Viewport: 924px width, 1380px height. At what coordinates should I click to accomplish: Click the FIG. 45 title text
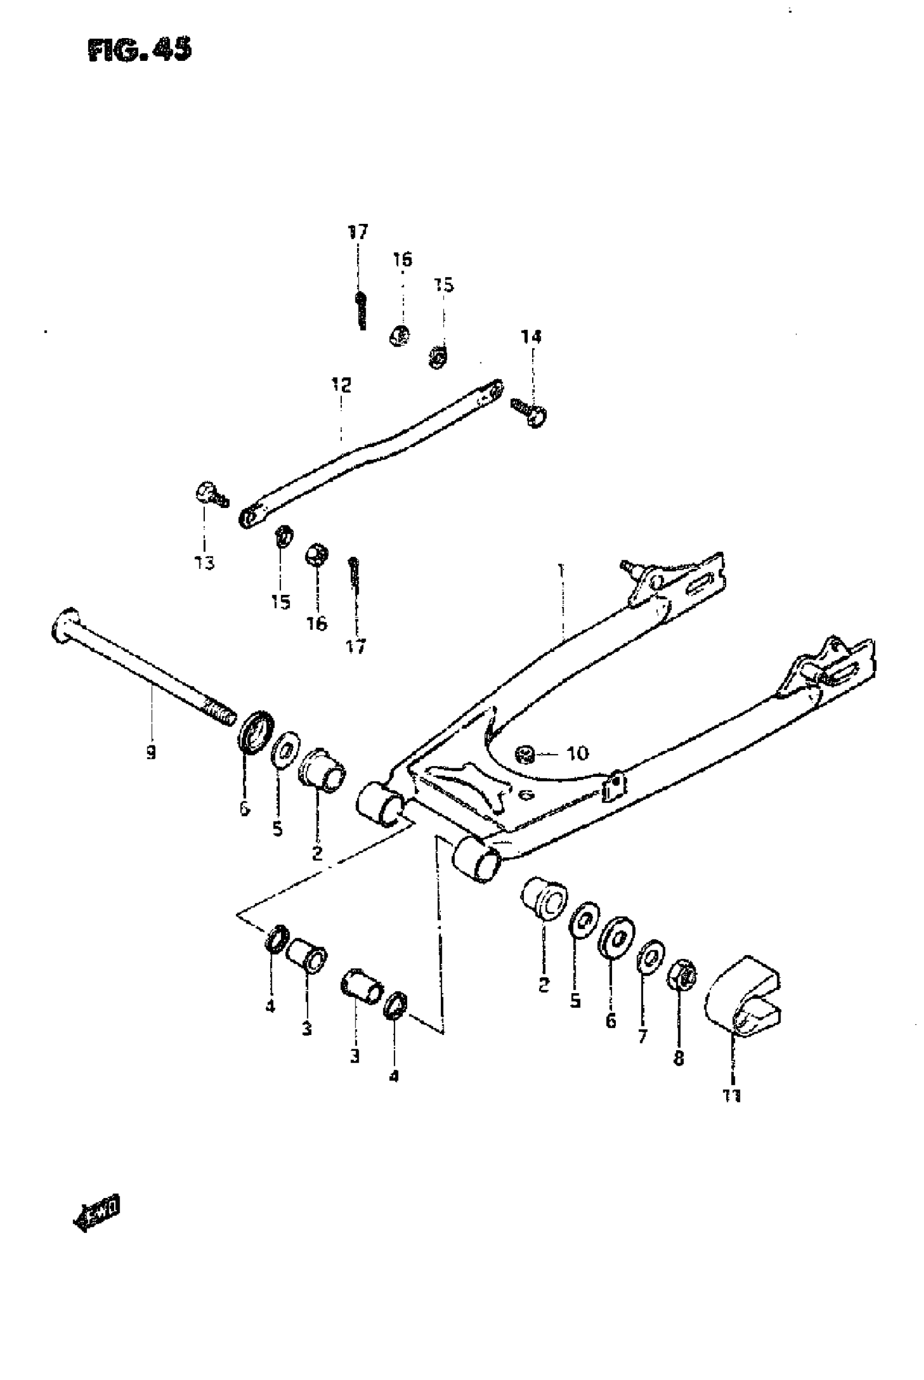[140, 51]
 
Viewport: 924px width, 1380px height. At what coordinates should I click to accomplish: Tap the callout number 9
[152, 752]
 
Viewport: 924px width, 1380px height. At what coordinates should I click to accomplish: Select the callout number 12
[341, 385]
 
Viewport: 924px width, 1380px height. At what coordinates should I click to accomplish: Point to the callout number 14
[531, 337]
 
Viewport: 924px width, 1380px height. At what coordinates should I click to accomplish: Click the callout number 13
[204, 563]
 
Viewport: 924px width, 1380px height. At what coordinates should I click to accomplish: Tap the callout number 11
[732, 1095]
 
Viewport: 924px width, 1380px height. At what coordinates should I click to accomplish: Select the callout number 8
[679, 1058]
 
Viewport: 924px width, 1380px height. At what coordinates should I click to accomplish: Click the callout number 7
[642, 1036]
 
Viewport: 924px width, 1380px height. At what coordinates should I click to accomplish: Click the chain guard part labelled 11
[744, 996]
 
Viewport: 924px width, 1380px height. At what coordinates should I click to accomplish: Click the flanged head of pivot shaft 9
[64, 624]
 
